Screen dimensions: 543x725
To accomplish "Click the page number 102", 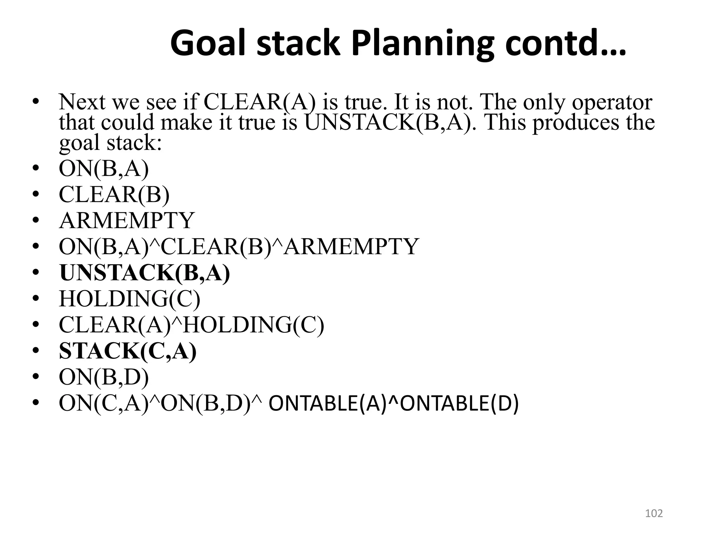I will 654,513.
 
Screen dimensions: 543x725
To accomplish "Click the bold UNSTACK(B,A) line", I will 144,273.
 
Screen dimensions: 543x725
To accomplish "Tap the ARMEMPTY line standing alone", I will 126,220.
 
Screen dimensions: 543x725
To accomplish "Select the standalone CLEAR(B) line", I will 114,194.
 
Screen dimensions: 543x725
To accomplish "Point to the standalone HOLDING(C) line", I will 129,299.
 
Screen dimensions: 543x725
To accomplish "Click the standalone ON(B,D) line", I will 103,377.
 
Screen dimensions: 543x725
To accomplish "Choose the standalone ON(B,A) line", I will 103,169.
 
